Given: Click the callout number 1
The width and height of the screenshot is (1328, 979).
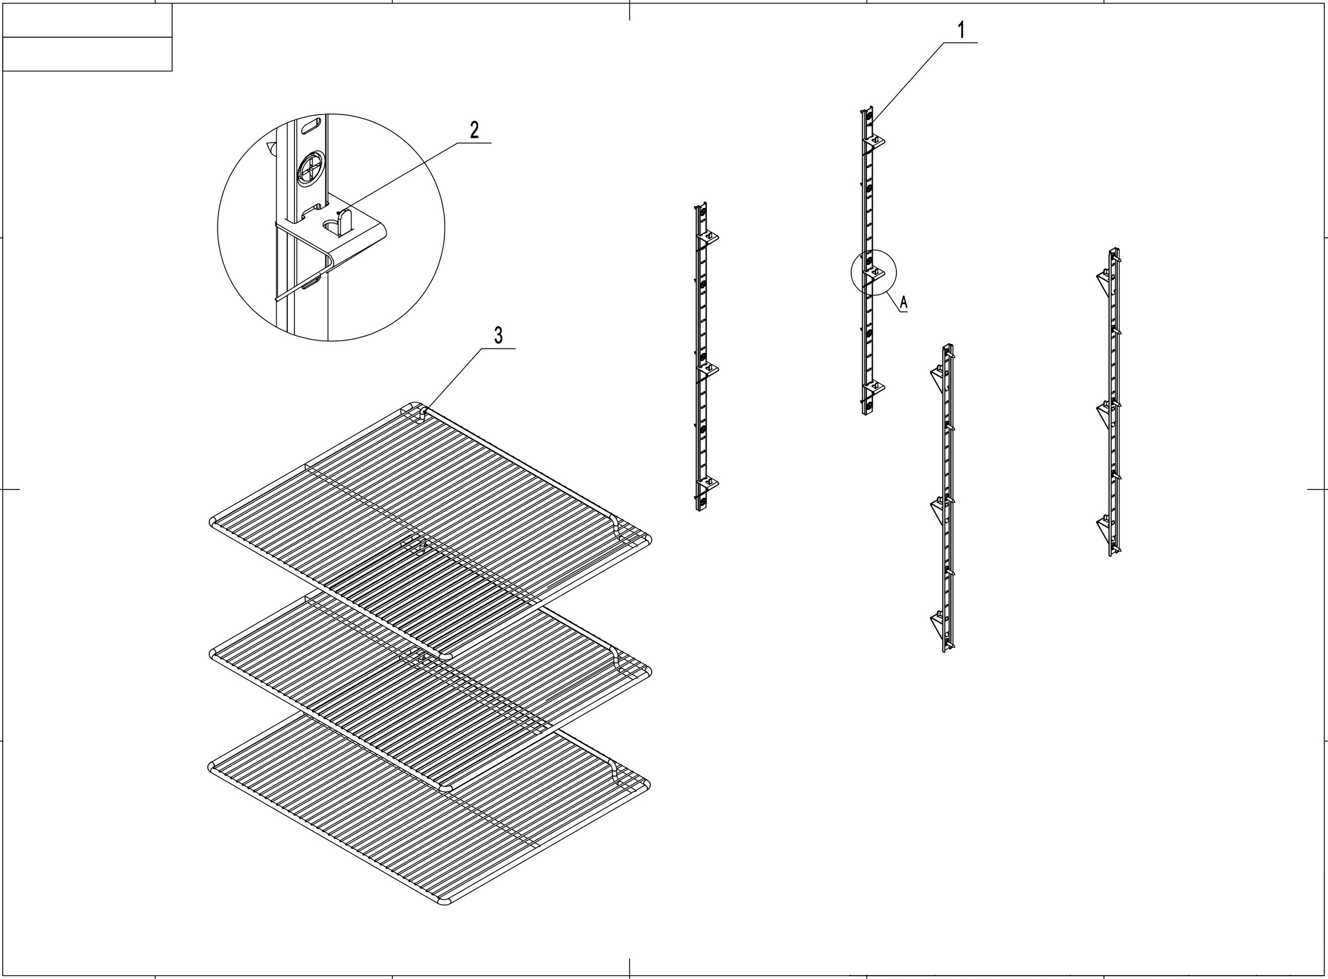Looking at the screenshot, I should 961,30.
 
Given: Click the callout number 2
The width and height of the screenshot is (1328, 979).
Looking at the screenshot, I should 474,130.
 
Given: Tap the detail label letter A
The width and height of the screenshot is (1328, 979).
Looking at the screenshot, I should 904,303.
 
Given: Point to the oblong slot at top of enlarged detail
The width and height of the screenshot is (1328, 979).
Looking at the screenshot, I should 311,126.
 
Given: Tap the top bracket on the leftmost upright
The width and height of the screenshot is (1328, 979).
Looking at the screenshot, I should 709,238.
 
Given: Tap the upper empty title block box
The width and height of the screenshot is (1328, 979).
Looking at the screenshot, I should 87,20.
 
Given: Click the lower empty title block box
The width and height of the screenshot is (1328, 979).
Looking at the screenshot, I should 87,54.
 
